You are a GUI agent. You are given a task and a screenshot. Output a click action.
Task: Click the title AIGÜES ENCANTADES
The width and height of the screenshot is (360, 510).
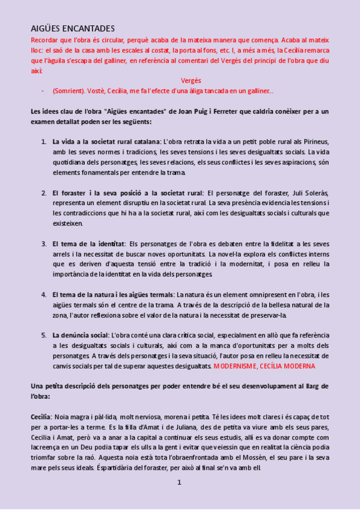[x=73, y=28]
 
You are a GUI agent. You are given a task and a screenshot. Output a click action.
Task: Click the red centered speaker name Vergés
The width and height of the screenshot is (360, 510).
[x=191, y=80]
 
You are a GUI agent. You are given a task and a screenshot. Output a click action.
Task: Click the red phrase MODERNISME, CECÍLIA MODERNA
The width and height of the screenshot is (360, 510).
[x=264, y=366]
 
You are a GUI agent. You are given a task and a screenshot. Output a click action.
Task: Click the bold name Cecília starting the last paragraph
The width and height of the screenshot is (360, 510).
[x=41, y=417]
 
